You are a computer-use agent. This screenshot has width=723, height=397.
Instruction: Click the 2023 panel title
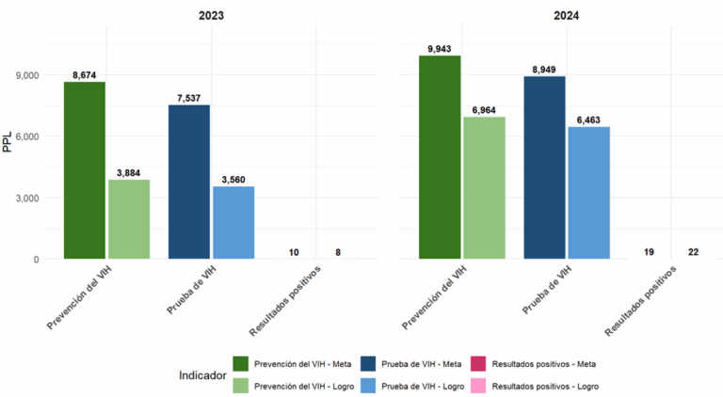pyautogui.click(x=212, y=15)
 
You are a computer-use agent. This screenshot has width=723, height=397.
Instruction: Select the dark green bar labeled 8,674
pyautogui.click(x=85, y=170)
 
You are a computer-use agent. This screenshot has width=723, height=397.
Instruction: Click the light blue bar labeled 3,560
pyautogui.click(x=233, y=222)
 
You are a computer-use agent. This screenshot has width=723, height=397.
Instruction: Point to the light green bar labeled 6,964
pyautogui.click(x=483, y=187)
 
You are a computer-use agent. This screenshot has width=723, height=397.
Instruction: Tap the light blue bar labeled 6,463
pyautogui.click(x=587, y=193)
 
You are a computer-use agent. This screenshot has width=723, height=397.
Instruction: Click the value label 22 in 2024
pyautogui.click(x=692, y=252)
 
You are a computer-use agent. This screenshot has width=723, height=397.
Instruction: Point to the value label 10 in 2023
pyautogui.click(x=294, y=252)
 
